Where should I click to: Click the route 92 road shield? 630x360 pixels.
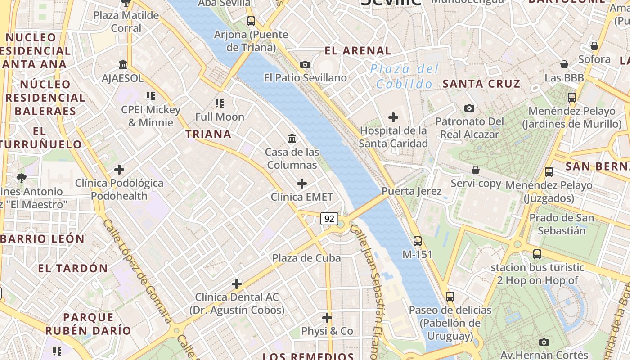tap(329, 219)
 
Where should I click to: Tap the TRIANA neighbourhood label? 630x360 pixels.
tap(208, 134)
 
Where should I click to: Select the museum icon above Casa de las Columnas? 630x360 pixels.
tap(292, 139)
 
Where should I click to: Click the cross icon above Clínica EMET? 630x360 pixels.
tap(302, 184)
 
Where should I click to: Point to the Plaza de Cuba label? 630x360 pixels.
tap(306, 258)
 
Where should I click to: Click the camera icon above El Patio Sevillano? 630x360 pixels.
tap(305, 64)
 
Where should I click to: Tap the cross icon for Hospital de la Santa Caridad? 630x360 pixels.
tap(393, 118)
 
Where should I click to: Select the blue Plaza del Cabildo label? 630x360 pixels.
tap(404, 76)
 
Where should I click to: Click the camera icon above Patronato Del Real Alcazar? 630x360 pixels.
tap(469, 108)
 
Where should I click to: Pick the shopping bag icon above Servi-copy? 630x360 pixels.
tap(476, 170)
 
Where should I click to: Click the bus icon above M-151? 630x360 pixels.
tap(418, 241)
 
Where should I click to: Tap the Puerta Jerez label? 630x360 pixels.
tap(412, 191)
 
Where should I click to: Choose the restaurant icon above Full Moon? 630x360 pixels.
tap(220, 103)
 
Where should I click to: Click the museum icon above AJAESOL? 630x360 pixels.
tap(123, 65)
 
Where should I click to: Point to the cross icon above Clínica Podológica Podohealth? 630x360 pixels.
tap(119, 170)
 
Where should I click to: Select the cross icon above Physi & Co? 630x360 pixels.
tap(327, 318)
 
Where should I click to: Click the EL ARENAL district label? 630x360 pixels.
tap(358, 51)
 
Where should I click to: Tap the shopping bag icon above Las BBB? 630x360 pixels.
tap(564, 64)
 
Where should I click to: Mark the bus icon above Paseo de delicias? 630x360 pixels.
tap(450, 297)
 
